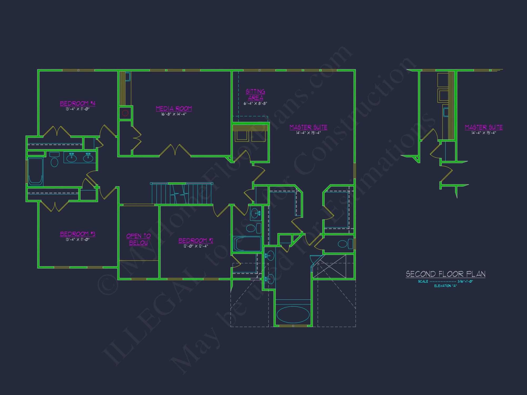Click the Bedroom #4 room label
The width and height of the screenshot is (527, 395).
[77, 103]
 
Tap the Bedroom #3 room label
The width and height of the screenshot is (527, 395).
[77, 234]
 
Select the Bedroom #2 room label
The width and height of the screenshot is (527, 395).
[196, 240]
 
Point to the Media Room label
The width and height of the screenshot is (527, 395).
[174, 108]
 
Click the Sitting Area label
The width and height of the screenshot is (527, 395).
[255, 95]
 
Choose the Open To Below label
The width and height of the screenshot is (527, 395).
[138, 239]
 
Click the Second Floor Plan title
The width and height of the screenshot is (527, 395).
[445, 274]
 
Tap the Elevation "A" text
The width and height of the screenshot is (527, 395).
[445, 286]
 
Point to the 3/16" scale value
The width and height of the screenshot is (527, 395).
[465, 282]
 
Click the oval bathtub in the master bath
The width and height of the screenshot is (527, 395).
[293, 314]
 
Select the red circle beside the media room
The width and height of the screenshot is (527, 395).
[125, 113]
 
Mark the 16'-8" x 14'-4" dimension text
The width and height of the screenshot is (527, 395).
[174, 114]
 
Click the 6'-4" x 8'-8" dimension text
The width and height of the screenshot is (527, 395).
[255, 103]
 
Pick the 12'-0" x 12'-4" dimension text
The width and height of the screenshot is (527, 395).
[196, 246]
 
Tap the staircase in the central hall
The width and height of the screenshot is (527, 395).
[182, 194]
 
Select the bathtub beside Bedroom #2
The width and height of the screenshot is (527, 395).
[247, 244]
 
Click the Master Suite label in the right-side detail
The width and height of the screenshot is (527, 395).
[484, 127]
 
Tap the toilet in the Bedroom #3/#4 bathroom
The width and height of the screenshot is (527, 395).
[54, 161]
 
